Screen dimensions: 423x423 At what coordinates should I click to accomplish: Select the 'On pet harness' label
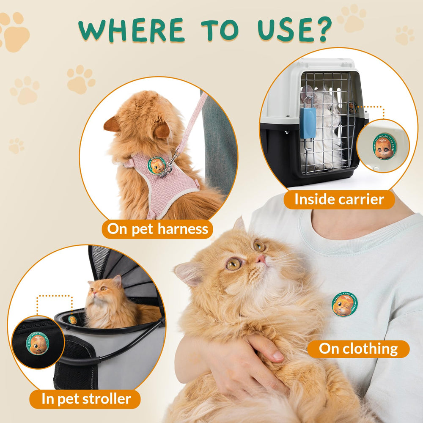click(157, 229)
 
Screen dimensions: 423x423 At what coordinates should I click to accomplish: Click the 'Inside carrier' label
click(339, 199)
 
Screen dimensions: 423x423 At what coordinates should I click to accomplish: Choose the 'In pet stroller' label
click(86, 398)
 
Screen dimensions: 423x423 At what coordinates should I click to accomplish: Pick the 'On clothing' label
click(358, 349)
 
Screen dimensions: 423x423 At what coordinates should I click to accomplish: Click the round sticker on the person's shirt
click(345, 304)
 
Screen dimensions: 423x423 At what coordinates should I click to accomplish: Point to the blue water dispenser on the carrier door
click(308, 123)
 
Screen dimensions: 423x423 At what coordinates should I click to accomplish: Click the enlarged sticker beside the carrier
click(384, 146)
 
